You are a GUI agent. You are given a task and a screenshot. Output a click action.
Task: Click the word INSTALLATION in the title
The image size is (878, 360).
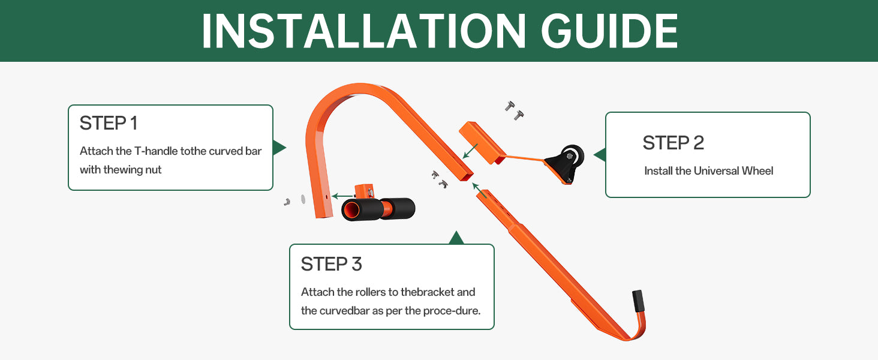pos(363,31)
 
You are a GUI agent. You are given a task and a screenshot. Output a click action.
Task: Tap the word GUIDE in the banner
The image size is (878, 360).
pos(610,31)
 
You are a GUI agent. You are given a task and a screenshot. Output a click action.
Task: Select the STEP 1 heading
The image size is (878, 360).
pos(109,123)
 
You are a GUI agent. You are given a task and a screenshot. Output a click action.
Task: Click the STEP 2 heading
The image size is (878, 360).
pos(673,143)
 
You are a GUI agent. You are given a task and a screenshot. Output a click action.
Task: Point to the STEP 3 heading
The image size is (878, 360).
pos(331,264)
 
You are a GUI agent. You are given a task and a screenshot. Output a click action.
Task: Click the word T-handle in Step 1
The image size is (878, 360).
pos(156,151)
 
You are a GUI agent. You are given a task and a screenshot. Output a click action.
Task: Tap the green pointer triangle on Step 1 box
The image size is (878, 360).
pos(279,148)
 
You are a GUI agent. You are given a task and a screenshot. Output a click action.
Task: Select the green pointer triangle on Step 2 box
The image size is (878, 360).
pos(600,155)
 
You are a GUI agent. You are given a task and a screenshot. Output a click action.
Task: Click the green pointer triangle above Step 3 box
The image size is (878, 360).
pos(456,238)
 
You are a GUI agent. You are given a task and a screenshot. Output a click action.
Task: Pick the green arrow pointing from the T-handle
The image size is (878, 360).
pos(343,196)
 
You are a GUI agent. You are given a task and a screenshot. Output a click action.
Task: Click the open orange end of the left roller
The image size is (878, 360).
pos(350,211)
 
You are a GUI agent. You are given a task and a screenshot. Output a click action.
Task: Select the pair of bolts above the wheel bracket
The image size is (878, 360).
pos(514,110)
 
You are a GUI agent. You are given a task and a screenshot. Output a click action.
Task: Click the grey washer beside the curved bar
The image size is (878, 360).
pos(303,199)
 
